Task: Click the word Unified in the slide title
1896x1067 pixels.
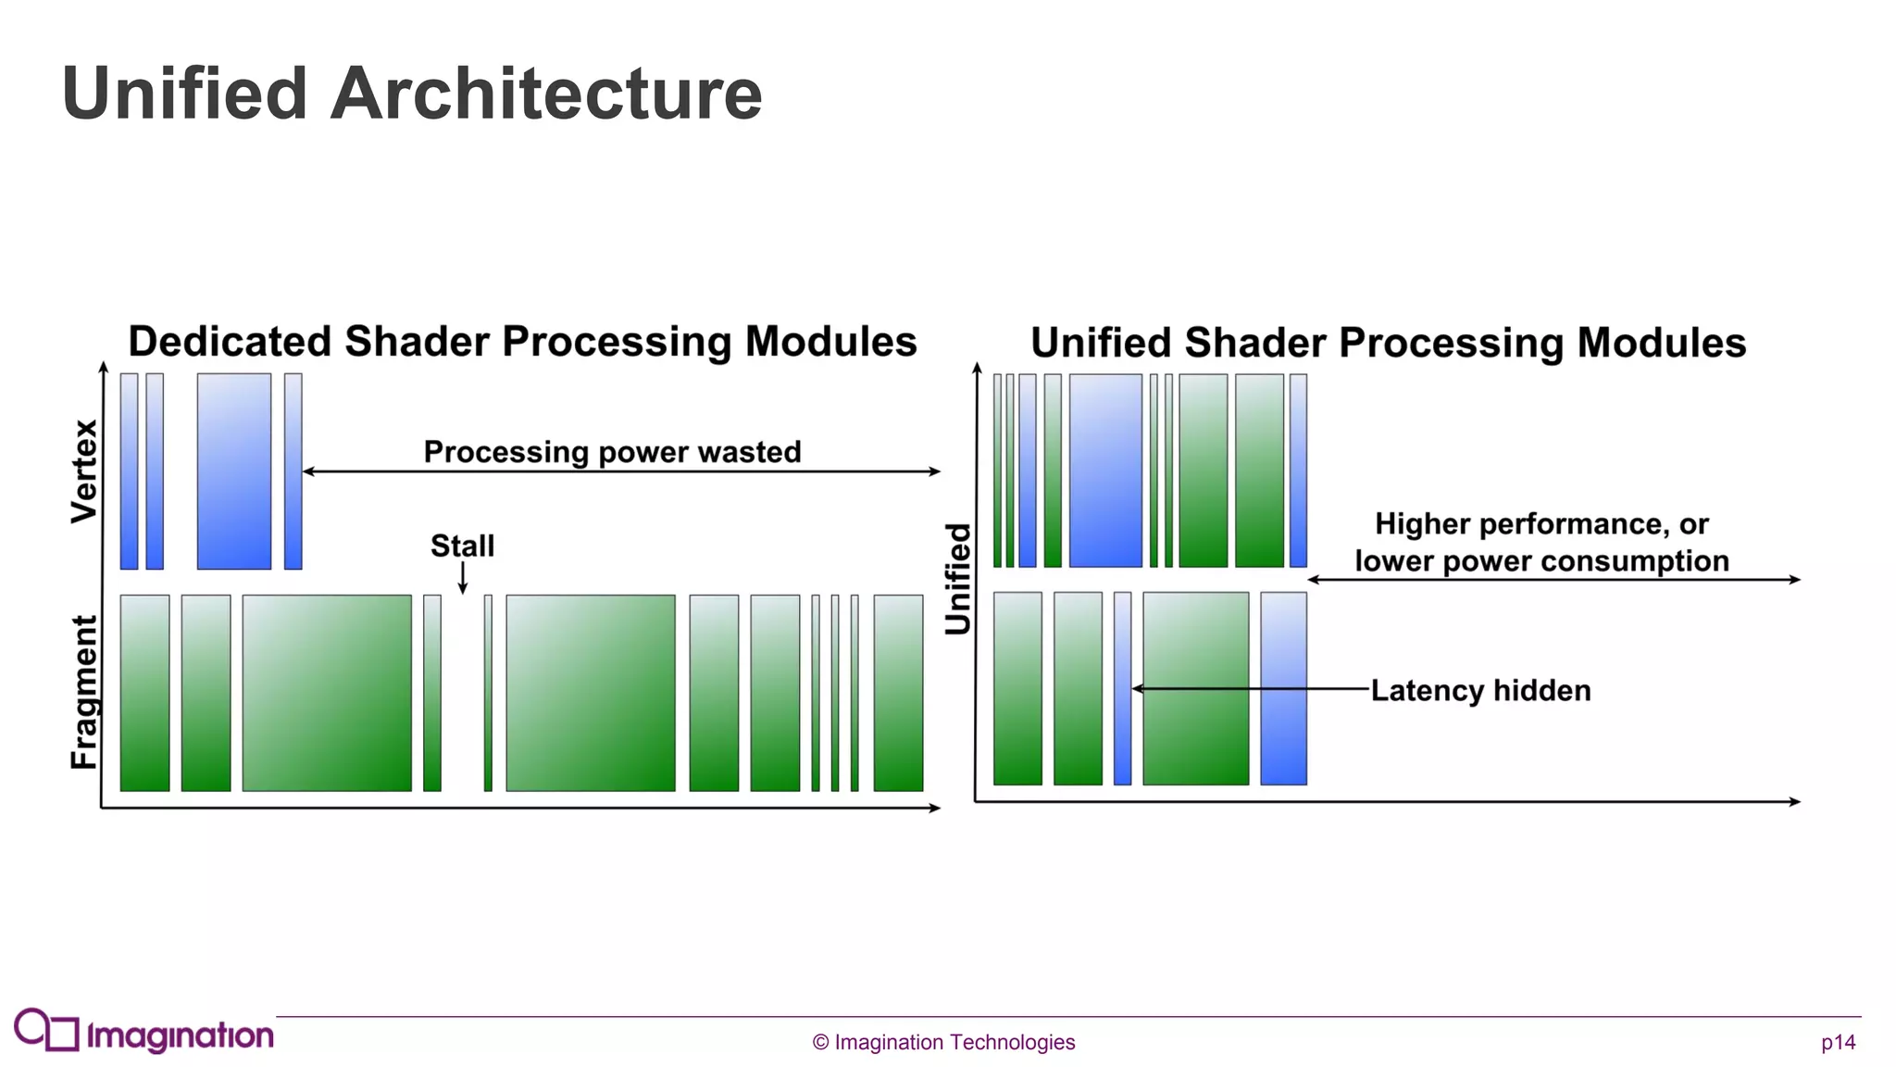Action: pyautogui.click(x=184, y=94)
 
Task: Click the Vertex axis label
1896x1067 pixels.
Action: pyautogui.click(x=84, y=471)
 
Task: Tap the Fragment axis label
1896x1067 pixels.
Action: pyautogui.click(x=84, y=692)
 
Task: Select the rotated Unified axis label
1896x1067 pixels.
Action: pyautogui.click(x=958, y=579)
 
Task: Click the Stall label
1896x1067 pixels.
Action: pyautogui.click(x=462, y=546)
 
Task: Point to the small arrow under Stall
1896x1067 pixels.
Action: pyautogui.click(x=463, y=578)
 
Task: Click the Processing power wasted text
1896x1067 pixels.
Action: pyautogui.click(x=612, y=452)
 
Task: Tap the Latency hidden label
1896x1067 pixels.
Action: pyautogui.click(x=1480, y=690)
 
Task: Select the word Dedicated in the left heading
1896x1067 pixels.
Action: pyautogui.click(x=230, y=342)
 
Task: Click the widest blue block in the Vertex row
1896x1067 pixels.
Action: pyautogui.click(x=234, y=471)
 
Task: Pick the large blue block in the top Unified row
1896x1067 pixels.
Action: pyautogui.click(x=1105, y=471)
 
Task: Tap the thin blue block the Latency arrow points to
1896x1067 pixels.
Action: pyautogui.click(x=1122, y=688)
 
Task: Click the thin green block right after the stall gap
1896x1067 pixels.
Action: pyautogui.click(x=488, y=693)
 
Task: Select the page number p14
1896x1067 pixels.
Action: pyautogui.click(x=1838, y=1042)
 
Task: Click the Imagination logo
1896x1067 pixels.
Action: pyautogui.click(x=143, y=1032)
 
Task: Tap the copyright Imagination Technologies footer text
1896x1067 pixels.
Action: pyautogui.click(x=943, y=1042)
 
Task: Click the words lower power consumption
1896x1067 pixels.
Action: pyautogui.click(x=1541, y=561)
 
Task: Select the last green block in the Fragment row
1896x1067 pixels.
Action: pyautogui.click(x=898, y=693)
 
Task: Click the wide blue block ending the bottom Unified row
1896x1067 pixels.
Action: pyautogui.click(x=1283, y=688)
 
